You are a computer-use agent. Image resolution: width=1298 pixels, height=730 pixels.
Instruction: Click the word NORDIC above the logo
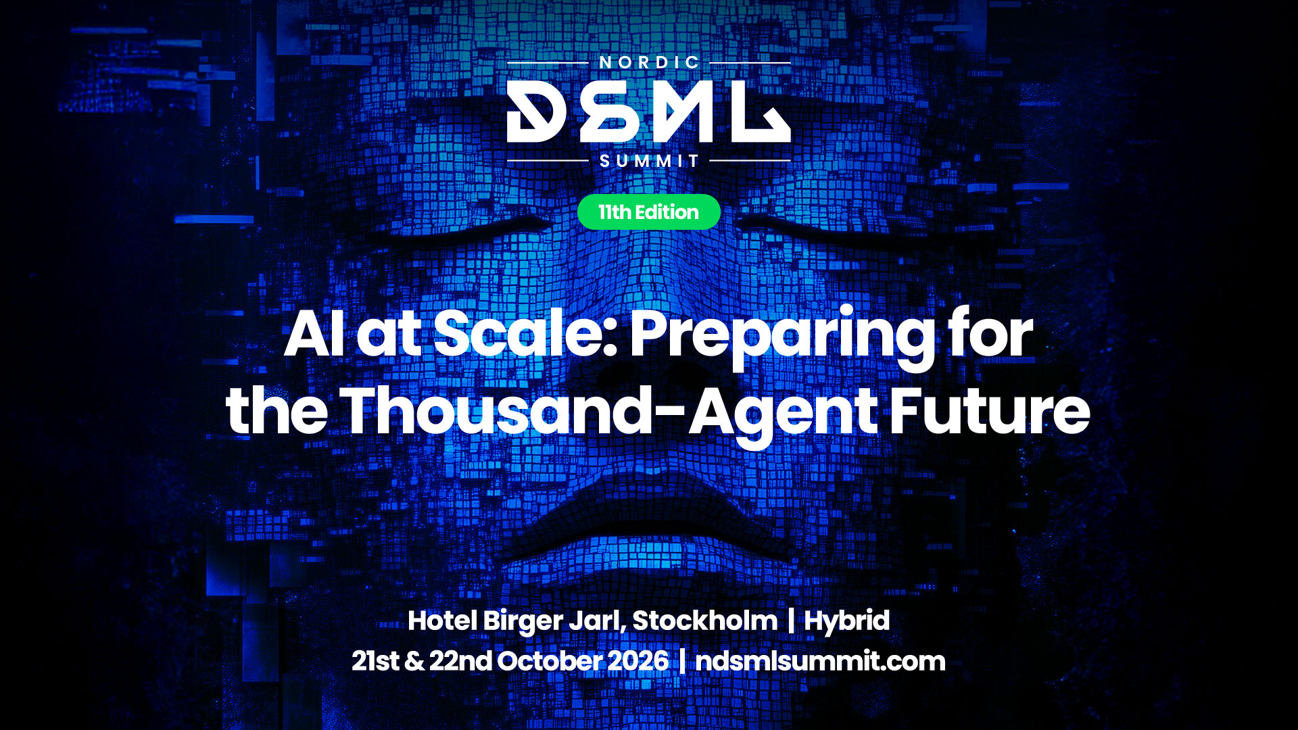[649, 62]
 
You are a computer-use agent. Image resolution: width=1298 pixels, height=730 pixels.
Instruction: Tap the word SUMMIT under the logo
[649, 161]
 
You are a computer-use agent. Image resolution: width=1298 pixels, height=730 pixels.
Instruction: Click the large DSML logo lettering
[649, 112]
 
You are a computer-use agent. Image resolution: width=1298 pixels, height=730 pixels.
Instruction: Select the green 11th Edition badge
[649, 212]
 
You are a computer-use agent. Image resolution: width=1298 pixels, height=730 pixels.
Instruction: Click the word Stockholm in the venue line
[704, 620]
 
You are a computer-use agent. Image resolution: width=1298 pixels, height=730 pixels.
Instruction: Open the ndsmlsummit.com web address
[820, 661]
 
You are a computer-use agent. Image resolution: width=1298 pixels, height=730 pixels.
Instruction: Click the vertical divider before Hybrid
[790, 621]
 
